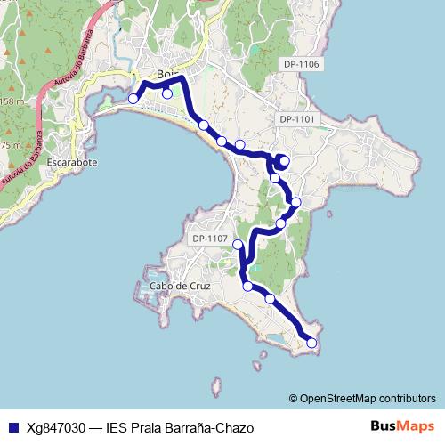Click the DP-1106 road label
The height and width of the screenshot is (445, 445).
(301, 64)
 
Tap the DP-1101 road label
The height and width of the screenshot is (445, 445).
(297, 119)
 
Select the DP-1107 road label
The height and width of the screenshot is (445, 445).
(210, 239)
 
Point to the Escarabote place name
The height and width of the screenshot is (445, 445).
(74, 163)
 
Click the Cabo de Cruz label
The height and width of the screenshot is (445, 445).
(181, 286)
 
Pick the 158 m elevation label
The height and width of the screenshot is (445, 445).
(11, 101)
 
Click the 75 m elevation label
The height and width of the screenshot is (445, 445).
(11, 145)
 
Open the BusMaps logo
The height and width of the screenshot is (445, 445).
(402, 425)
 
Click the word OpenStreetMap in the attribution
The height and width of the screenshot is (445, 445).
(338, 399)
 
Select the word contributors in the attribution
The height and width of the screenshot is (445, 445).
(407, 399)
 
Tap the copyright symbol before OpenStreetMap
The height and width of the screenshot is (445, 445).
(293, 399)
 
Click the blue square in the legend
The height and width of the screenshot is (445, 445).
(13, 426)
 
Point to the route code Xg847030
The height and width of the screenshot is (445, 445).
(57, 426)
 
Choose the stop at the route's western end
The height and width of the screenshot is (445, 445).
(133, 99)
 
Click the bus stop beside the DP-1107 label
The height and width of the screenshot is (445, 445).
(238, 245)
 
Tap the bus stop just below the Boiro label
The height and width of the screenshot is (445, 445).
(166, 93)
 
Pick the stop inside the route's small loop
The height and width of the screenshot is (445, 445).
(284, 160)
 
